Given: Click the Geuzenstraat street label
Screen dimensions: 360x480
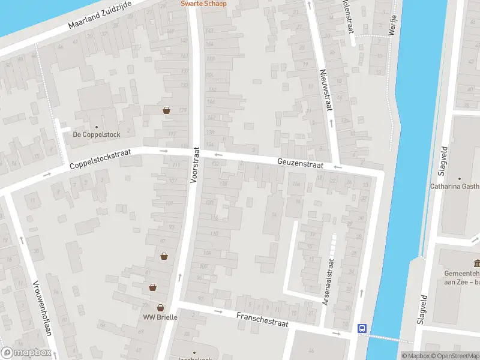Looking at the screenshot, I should click(x=300, y=164).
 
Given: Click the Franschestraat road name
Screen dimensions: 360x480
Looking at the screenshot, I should click(x=262, y=319).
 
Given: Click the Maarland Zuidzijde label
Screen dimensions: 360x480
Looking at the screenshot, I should click(x=100, y=16).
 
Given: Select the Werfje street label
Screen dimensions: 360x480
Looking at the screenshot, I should click(x=393, y=25).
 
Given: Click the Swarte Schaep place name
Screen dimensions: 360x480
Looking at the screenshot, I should click(x=204, y=3).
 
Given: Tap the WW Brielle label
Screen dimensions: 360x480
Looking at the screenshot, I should click(x=160, y=317).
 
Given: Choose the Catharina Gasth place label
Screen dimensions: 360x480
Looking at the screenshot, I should click(x=454, y=186).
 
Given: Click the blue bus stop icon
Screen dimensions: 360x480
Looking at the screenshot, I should click(x=362, y=328).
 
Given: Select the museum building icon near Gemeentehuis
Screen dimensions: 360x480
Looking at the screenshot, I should click(x=477, y=264).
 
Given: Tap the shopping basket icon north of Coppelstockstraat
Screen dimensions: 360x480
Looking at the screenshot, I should click(x=166, y=110).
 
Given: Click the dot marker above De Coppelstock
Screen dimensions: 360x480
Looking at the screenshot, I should click(x=96, y=127).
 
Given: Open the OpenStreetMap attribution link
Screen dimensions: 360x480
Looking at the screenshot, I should click(x=454, y=356).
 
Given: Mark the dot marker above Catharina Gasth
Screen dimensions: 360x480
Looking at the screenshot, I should click(x=460, y=178).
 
